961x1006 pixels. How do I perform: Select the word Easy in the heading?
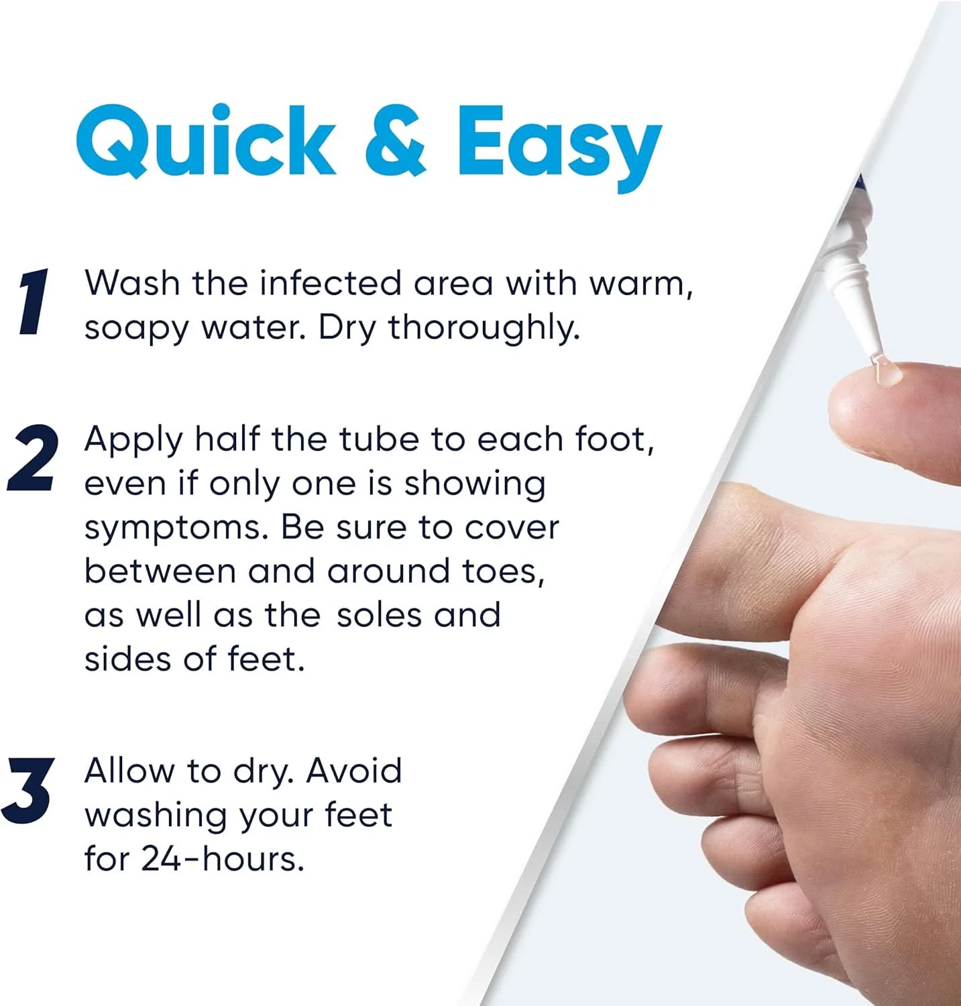(x=560, y=149)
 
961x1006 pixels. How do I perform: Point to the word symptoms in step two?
(x=176, y=529)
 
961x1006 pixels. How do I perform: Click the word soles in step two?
(x=380, y=615)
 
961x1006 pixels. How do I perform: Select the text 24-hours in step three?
(x=223, y=858)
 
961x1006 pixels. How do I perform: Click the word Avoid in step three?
(x=354, y=771)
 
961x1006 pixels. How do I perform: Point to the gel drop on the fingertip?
(x=889, y=374)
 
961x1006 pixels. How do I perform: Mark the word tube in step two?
(x=379, y=440)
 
